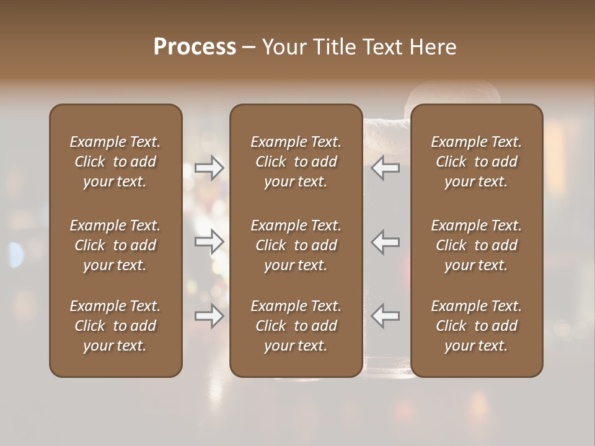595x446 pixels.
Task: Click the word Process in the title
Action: [195, 47]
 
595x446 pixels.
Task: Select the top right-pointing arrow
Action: [209, 168]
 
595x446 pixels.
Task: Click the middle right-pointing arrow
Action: [209, 242]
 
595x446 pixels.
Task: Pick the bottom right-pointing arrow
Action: [209, 316]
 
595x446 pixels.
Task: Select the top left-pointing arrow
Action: [386, 168]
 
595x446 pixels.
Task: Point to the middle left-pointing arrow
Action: [386, 242]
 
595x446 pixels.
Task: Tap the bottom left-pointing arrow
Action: [386, 316]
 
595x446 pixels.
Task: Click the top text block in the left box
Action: [115, 162]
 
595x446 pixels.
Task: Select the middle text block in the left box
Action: [115, 245]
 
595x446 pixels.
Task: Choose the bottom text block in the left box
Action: [115, 326]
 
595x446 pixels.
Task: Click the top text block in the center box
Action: [296, 162]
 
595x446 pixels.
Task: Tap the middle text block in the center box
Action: [296, 245]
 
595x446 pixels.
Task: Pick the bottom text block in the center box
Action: [296, 326]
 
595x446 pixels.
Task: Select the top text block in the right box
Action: [476, 162]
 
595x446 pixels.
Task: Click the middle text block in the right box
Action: [476, 245]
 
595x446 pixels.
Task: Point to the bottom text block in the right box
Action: [476, 326]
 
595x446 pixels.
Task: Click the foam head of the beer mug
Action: [452, 94]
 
